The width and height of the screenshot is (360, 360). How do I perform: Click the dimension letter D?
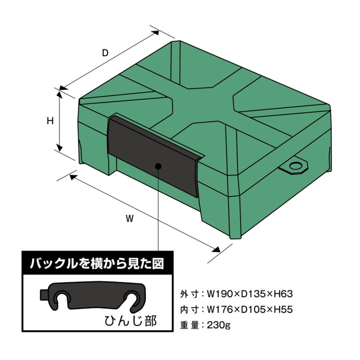[105, 53]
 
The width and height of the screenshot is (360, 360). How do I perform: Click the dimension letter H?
[50, 121]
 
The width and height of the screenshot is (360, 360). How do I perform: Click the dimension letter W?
[130, 218]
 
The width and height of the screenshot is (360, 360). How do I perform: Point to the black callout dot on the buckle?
[158, 166]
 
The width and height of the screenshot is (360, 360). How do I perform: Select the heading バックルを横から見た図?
[97, 264]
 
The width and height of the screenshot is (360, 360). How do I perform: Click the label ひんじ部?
[130, 321]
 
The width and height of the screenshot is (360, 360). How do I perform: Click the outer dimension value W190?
[220, 294]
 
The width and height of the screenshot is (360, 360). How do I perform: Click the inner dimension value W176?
[220, 310]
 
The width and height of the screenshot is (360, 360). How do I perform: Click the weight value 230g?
[218, 325]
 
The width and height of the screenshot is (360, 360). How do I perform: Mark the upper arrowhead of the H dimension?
[60, 94]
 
